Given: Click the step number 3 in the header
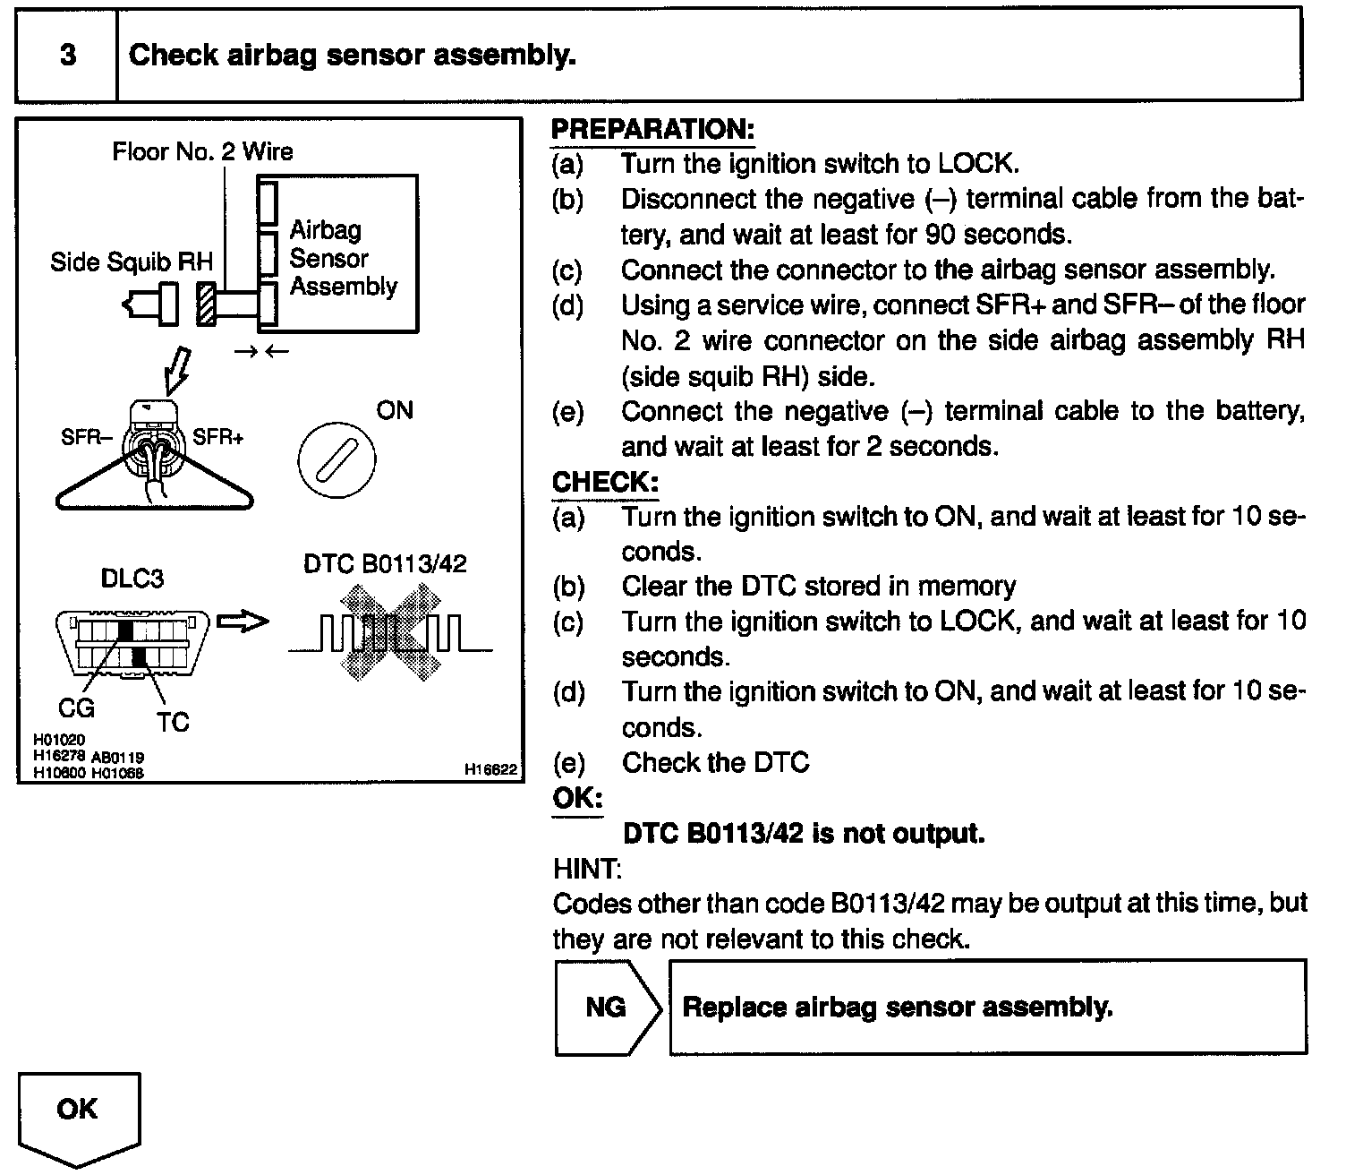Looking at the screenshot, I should pyautogui.click(x=68, y=56).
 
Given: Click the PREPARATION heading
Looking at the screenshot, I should pyautogui.click(x=652, y=129).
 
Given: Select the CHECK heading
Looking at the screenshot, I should pyautogui.click(x=605, y=482).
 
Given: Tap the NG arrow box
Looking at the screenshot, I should pyautogui.click(x=607, y=1007).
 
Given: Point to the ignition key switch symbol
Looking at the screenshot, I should pyautogui.click(x=336, y=460).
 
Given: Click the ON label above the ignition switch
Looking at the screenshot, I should pyautogui.click(x=394, y=411).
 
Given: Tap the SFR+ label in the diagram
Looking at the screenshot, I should pyautogui.click(x=218, y=438).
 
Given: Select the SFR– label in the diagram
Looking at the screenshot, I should pyautogui.click(x=88, y=438).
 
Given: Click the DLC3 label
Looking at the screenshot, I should pyautogui.click(x=132, y=579).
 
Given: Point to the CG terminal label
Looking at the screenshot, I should pyautogui.click(x=76, y=708).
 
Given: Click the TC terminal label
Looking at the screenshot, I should pyautogui.click(x=173, y=722).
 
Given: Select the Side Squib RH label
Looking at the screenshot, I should pyautogui.click(x=132, y=262).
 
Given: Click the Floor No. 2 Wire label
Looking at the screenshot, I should pyautogui.click(x=202, y=151).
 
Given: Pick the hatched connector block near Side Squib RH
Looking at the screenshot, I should pyautogui.click(x=206, y=304).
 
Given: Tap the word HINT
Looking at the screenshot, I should pyautogui.click(x=587, y=869).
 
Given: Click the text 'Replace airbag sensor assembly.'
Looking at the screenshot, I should pyautogui.click(x=897, y=1007).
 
